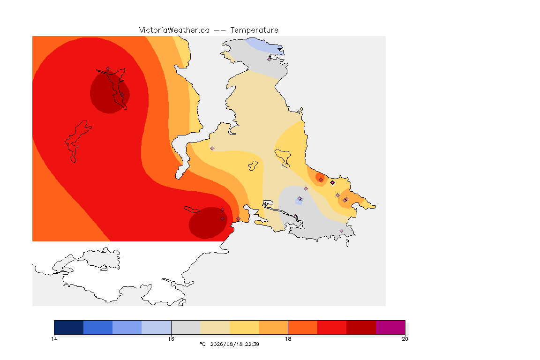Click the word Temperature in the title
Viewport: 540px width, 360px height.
(x=254, y=30)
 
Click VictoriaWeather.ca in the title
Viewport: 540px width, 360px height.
(x=174, y=30)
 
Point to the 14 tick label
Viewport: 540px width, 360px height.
(x=54, y=339)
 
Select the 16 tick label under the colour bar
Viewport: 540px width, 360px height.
(x=171, y=339)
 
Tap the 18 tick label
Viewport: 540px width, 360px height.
(x=288, y=339)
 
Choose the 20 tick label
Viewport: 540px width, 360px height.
(x=405, y=339)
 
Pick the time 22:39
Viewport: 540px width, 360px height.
(x=252, y=344)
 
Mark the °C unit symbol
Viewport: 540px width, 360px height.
(x=202, y=344)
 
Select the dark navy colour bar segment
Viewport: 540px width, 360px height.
(x=69, y=327)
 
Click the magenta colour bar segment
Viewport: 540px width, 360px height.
(x=390, y=327)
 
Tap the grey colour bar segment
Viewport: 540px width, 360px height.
(x=186, y=327)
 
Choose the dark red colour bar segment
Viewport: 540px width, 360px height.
(x=361, y=327)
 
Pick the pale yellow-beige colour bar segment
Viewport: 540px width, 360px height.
(x=215, y=327)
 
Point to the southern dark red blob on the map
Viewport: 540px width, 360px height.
(x=208, y=223)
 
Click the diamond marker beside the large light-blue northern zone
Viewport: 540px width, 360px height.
(x=270, y=59)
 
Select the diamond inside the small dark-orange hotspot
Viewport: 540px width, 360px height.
(x=321, y=180)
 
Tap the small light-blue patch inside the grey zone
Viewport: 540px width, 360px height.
(x=299, y=201)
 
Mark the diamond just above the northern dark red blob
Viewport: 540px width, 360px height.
(x=108, y=69)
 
